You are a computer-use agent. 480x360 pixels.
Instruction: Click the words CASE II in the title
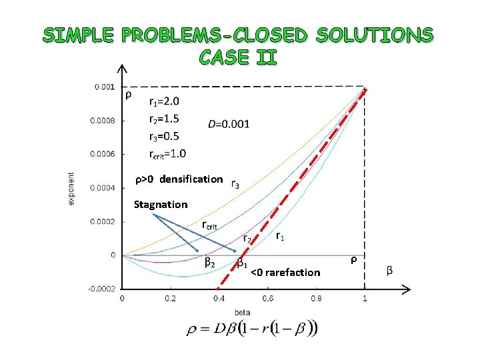[x=237, y=57]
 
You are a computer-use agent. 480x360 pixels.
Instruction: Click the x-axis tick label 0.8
[x=315, y=299]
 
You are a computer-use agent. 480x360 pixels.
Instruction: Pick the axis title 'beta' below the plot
[x=243, y=311]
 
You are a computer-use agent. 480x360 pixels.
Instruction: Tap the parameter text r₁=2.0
[x=163, y=102]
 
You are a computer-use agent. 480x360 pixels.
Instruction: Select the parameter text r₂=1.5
[x=163, y=119]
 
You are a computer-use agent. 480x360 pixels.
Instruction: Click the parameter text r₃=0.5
[x=163, y=136]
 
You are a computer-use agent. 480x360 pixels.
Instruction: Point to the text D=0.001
[x=229, y=123]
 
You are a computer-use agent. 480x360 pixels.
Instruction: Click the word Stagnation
[x=161, y=204]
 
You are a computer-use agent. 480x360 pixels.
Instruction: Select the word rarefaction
[x=293, y=272]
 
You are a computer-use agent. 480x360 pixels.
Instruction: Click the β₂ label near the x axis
[x=209, y=263]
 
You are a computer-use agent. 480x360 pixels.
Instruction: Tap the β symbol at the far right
[x=389, y=270]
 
